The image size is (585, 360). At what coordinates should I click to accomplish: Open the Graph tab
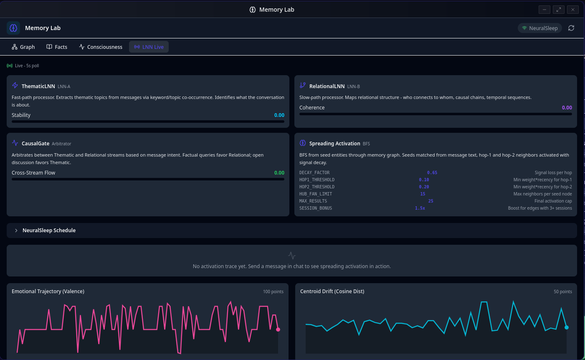click(23, 47)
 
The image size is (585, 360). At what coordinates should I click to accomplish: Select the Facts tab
click(57, 47)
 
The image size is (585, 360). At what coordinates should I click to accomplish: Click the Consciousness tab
click(101, 47)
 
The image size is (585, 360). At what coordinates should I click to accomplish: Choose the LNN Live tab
click(149, 47)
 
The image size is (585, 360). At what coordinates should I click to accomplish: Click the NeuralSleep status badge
click(540, 28)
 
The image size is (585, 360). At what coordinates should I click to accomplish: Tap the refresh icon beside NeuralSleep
click(571, 28)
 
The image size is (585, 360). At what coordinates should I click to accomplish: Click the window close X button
click(572, 10)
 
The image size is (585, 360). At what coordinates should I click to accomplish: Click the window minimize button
click(544, 10)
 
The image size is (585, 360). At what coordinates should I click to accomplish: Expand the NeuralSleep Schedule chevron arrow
click(16, 231)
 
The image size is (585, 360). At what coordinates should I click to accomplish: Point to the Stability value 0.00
click(279, 115)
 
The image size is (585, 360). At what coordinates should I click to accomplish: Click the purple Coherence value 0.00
click(567, 108)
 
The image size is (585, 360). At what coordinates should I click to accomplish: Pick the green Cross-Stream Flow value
click(279, 173)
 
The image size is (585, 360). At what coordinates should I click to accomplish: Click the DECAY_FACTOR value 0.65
click(432, 173)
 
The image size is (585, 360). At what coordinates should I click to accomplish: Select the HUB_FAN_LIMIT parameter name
click(315, 194)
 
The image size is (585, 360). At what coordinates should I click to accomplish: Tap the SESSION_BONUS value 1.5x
click(420, 208)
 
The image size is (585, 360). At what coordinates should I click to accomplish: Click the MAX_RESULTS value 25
click(431, 201)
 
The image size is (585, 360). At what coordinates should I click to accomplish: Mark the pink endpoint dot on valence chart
click(278, 330)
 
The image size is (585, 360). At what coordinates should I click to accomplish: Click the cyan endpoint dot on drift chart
click(567, 327)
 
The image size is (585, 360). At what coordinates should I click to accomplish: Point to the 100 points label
click(273, 292)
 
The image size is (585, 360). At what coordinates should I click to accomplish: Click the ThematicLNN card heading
click(38, 86)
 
